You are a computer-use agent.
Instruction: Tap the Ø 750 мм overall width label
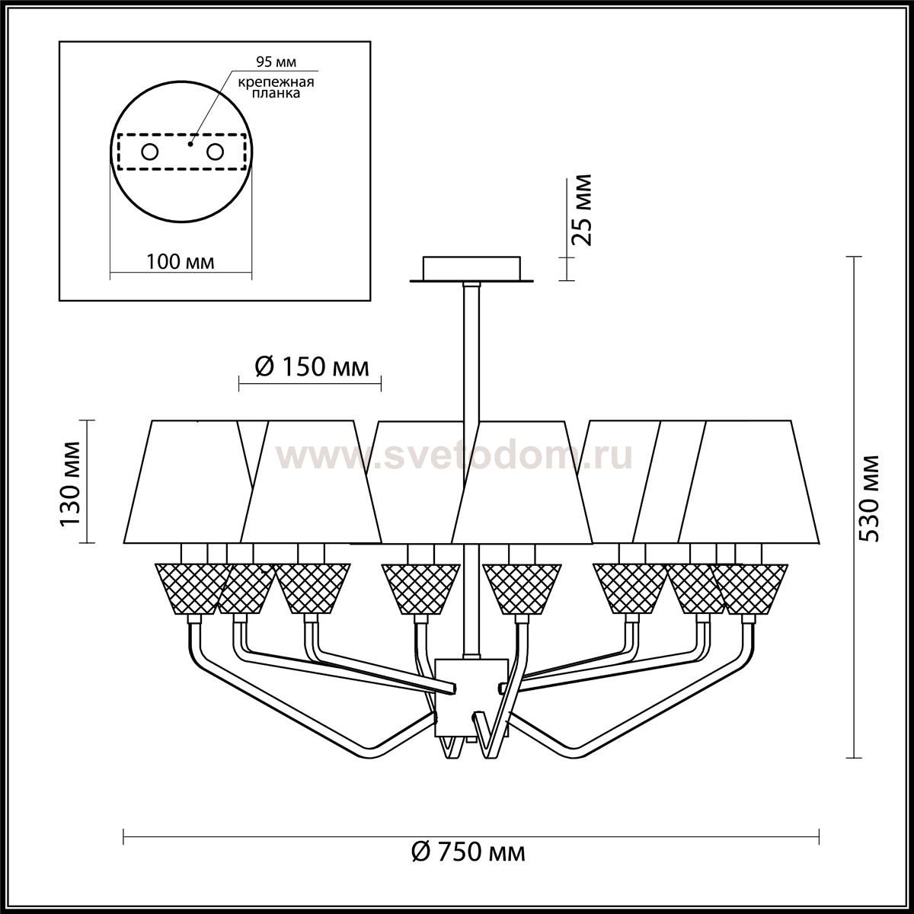tap(468, 852)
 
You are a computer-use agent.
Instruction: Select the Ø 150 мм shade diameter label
tap(312, 367)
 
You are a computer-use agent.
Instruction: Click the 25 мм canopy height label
tap(581, 210)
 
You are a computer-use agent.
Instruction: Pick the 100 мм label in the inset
tap(180, 261)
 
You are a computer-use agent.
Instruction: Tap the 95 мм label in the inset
tap(276, 62)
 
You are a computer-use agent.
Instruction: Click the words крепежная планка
tap(276, 88)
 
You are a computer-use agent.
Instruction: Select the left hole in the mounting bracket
tap(149, 152)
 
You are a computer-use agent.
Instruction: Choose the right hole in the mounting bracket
tap(214, 152)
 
